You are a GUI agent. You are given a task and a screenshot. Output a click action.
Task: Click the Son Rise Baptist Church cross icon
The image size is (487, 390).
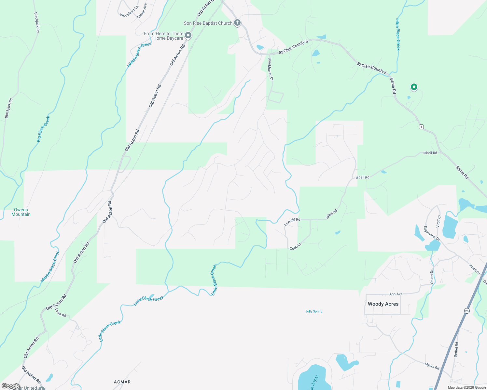(x=237, y=23)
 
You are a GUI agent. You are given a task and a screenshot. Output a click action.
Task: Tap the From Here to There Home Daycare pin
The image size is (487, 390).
(x=188, y=35)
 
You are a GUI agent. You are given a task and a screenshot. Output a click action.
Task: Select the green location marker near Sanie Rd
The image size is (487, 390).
(x=414, y=87)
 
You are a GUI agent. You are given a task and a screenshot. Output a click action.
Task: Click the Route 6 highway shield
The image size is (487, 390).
(x=421, y=127)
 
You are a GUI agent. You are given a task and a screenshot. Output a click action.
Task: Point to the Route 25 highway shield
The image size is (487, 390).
(x=467, y=311)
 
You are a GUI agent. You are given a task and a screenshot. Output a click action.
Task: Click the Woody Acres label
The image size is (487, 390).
(x=383, y=304)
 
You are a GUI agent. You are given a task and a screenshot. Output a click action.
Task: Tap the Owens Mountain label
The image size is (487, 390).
(x=21, y=212)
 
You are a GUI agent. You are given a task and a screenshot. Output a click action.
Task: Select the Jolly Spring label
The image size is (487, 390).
(x=314, y=311)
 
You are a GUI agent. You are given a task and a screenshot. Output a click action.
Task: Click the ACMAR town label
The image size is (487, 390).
(x=122, y=382)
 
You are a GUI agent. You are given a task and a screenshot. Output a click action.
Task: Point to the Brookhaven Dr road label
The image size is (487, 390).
(x=270, y=69)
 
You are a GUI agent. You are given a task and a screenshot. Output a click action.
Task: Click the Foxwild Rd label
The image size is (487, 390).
(x=292, y=222)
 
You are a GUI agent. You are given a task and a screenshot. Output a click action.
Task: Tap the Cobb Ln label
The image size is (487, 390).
(x=296, y=246)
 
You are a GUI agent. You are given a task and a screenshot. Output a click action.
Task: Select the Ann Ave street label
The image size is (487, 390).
(x=396, y=294)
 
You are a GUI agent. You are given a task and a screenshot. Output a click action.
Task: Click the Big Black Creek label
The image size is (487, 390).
(x=43, y=129)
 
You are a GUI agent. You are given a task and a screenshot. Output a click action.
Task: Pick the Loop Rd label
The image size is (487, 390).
(x=61, y=313)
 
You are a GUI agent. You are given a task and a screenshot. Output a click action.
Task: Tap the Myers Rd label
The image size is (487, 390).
(x=432, y=366)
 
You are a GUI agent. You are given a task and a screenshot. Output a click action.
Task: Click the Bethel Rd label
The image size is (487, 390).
(x=456, y=348)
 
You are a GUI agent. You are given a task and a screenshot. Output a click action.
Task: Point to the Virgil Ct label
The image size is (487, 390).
(x=438, y=221)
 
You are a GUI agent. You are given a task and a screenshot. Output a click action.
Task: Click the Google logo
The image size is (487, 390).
(x=11, y=386)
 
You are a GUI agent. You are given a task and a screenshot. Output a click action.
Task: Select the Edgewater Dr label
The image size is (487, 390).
(x=432, y=233)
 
